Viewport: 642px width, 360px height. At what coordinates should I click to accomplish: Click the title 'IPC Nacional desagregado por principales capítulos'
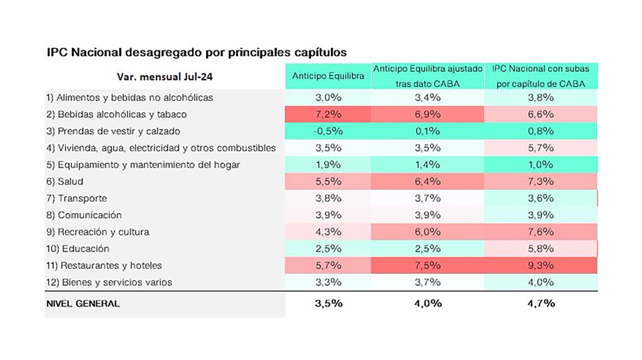click(x=197, y=52)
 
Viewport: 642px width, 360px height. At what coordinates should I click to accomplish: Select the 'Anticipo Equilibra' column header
click(x=328, y=76)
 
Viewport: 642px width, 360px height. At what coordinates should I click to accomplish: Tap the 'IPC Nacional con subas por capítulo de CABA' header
click(x=540, y=76)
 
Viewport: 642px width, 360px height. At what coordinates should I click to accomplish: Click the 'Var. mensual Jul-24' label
click(x=165, y=77)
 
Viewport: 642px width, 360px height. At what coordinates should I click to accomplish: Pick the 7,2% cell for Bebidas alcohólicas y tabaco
click(x=328, y=114)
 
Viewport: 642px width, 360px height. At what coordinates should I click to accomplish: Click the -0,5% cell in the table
click(x=328, y=131)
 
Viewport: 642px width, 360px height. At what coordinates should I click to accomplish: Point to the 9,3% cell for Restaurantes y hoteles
click(x=541, y=265)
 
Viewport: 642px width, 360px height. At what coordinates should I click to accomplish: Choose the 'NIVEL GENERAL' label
click(x=83, y=304)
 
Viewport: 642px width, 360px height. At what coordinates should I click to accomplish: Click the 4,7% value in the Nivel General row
click(x=541, y=304)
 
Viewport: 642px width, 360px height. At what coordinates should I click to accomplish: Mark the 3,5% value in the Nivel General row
click(x=328, y=304)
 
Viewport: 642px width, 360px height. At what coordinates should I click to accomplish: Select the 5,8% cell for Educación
click(x=541, y=249)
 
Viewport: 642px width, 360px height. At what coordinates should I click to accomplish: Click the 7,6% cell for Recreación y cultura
click(x=541, y=232)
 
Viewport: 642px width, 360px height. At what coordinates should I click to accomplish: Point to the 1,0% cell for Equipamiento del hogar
click(x=541, y=165)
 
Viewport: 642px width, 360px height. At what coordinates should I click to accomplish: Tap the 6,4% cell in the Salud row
click(x=428, y=182)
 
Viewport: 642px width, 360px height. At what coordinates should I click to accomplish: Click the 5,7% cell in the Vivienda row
click(x=541, y=148)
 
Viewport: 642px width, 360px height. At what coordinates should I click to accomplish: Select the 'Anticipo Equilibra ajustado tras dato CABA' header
click(x=428, y=76)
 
